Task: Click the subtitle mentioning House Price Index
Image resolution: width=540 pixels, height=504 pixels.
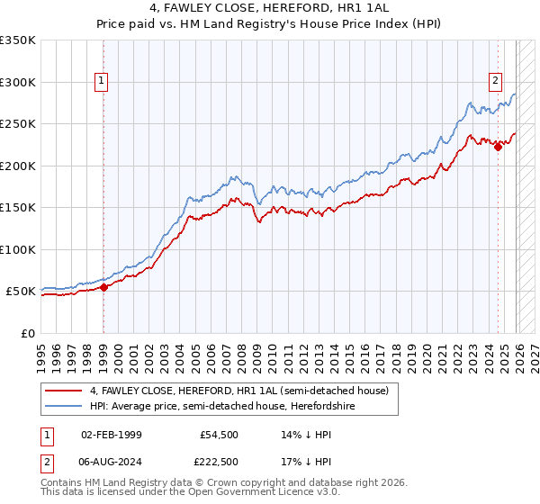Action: (269, 24)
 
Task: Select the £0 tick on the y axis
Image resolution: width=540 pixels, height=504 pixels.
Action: (27, 333)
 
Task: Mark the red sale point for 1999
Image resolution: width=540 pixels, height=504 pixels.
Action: (103, 287)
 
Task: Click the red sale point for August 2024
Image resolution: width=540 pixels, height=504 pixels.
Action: (498, 148)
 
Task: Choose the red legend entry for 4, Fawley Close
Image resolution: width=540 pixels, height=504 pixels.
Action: (238, 391)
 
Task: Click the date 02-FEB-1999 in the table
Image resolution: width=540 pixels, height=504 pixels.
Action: (111, 434)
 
